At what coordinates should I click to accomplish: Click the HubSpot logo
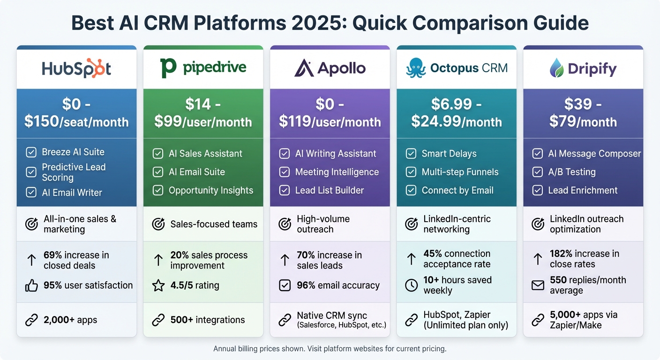[x=76, y=69]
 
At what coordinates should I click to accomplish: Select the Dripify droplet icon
[x=556, y=68]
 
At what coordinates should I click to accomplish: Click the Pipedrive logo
[x=203, y=67]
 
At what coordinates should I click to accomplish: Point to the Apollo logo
[x=330, y=68]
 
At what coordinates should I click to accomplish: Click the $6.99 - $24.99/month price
[x=457, y=113]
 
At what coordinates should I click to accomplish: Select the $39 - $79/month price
[x=583, y=113]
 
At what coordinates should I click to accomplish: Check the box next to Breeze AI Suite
[x=31, y=152]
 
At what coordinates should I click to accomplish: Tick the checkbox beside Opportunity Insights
[x=158, y=190]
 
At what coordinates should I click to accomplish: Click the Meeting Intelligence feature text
[x=337, y=172]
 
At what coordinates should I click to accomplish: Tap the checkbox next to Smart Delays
[x=411, y=154]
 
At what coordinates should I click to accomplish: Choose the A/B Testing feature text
[x=571, y=172]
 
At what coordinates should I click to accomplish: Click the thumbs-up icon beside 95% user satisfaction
[x=31, y=285]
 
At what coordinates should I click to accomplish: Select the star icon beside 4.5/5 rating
[x=158, y=285]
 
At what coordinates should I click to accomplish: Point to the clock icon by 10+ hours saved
[x=411, y=285]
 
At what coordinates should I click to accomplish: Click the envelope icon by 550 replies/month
[x=538, y=285]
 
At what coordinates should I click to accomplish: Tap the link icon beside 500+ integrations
[x=158, y=320]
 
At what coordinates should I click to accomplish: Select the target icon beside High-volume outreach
[x=285, y=224]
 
